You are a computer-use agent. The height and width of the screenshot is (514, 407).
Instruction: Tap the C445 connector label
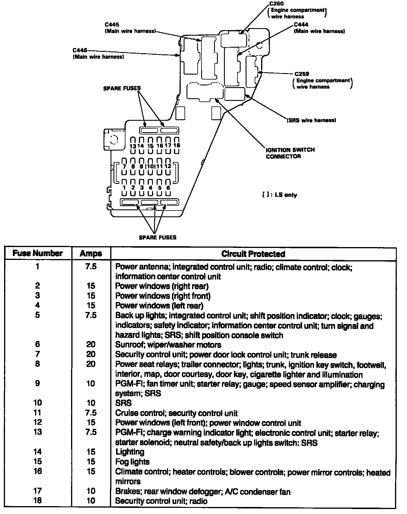112,25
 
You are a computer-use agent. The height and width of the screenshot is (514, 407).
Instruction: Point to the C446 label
80,51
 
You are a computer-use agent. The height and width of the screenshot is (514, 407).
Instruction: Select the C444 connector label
301,25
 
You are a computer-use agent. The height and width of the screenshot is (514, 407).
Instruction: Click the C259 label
302,74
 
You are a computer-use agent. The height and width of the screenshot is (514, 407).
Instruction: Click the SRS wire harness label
312,120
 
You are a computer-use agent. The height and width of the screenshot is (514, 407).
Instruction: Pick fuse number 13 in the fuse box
133,146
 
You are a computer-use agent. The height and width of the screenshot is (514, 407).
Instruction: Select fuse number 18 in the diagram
177,145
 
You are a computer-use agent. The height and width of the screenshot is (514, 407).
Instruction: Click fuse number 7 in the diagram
124,166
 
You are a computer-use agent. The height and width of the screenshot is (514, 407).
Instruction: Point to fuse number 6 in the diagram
168,188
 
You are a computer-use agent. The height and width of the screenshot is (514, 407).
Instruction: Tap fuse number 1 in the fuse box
124,188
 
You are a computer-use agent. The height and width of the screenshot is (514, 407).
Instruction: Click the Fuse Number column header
38,253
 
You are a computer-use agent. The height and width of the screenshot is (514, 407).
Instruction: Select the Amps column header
91,253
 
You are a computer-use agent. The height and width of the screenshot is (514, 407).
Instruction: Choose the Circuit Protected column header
253,253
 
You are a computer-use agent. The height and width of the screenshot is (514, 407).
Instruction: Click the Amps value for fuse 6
91,344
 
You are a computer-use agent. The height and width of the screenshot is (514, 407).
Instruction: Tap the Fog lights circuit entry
132,462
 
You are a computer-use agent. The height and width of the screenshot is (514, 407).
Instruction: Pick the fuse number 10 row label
38,403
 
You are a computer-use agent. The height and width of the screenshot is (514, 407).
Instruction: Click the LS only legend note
280,195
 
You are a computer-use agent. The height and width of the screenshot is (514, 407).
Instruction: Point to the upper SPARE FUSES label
122,88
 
